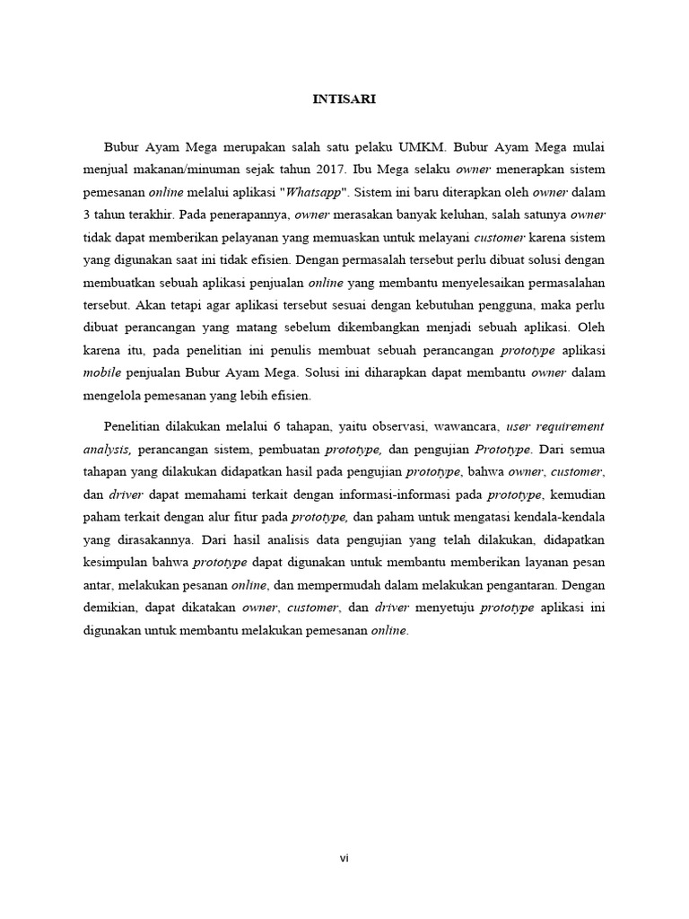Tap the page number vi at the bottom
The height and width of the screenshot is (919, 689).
(x=344, y=859)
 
